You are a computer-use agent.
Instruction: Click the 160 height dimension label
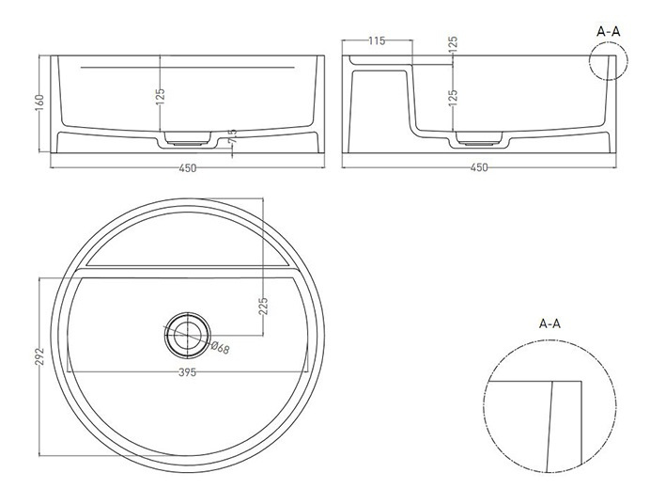[x=39, y=102]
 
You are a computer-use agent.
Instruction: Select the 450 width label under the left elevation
[x=187, y=168]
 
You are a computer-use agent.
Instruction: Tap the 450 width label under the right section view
[x=479, y=168]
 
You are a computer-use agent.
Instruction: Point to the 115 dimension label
[x=377, y=41]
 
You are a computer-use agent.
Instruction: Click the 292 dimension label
[x=39, y=356]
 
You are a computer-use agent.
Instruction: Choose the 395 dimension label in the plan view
[x=187, y=372]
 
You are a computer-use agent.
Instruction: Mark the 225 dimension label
[x=263, y=306]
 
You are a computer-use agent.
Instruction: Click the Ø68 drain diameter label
[x=220, y=348]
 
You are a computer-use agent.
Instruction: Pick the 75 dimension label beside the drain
[x=233, y=136]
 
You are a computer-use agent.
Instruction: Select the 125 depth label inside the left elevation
[x=161, y=96]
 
